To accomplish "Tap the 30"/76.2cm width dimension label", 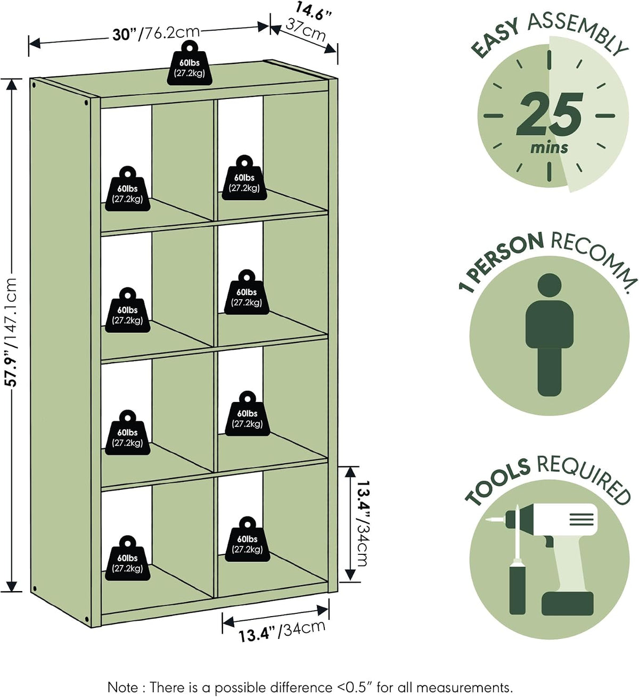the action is coord(156,34).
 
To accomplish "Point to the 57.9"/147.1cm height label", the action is coord(12,332).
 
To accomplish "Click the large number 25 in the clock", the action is coord(550,114).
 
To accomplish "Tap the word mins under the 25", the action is coord(549,148).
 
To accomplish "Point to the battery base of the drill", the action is coord(567,603).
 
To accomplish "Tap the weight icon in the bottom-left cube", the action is coord(127,558).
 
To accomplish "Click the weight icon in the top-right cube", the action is coord(244,177).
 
